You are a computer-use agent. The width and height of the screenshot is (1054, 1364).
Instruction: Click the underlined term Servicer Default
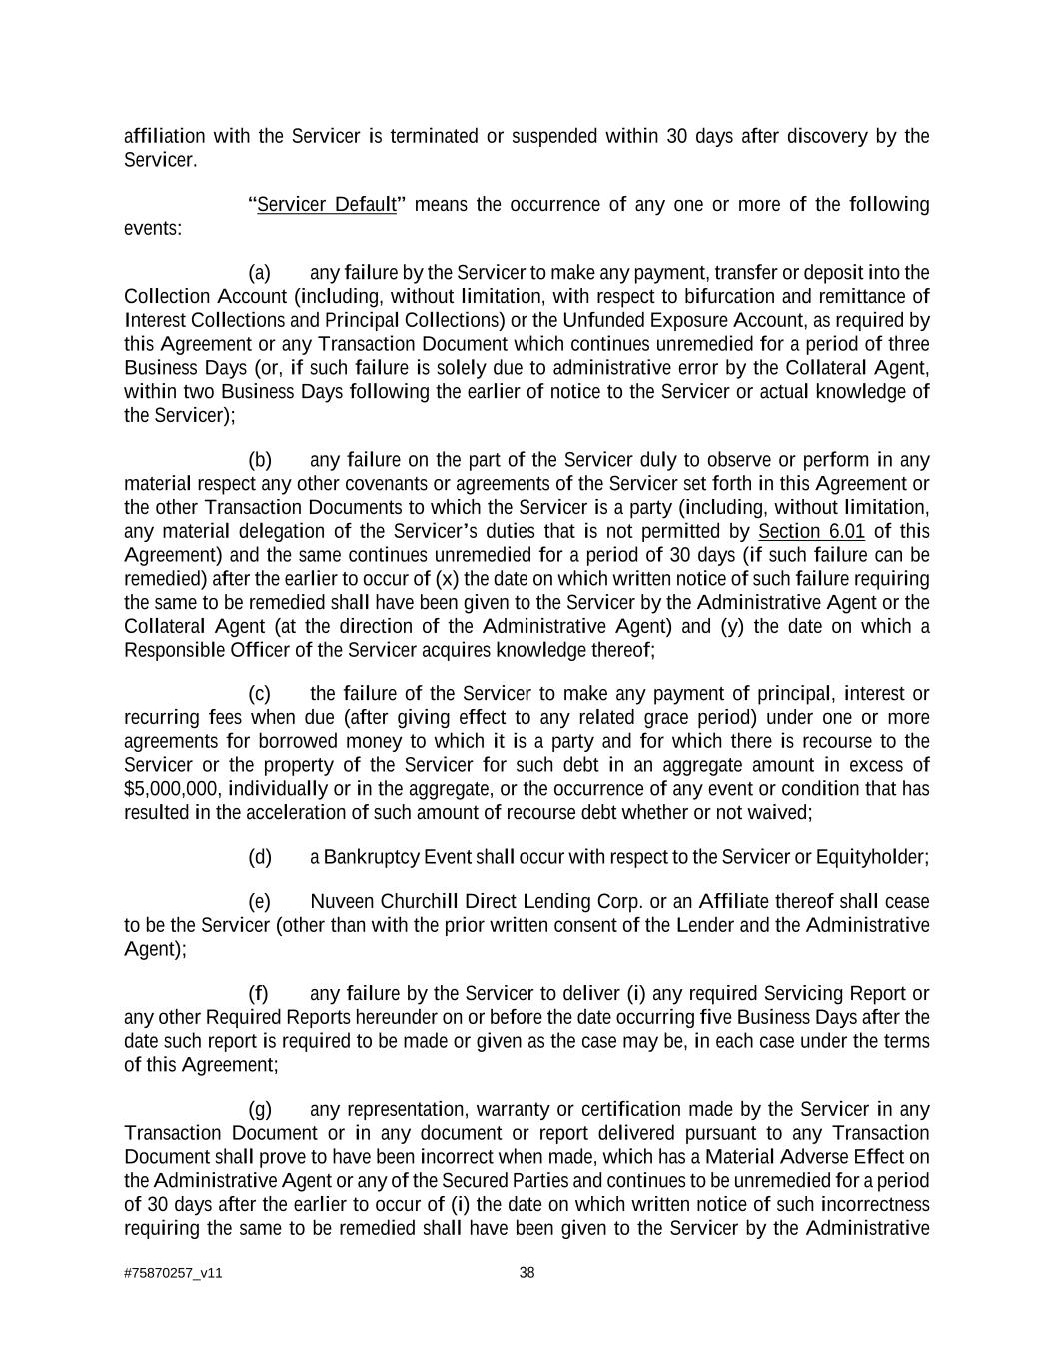pyautogui.click(x=327, y=205)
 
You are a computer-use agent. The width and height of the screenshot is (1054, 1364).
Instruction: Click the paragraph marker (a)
pyautogui.click(x=259, y=273)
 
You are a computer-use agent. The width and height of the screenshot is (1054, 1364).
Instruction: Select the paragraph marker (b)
pyautogui.click(x=260, y=460)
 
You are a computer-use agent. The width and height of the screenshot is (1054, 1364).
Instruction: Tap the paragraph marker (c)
pyautogui.click(x=259, y=694)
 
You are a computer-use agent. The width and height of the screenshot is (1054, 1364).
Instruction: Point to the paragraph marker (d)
pyautogui.click(x=260, y=857)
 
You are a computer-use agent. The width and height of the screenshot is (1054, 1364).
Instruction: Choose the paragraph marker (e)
pyautogui.click(x=260, y=902)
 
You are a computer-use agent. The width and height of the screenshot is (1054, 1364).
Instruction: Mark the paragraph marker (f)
pyautogui.click(x=258, y=994)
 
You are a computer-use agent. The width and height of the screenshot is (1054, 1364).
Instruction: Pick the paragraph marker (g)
pyautogui.click(x=260, y=1110)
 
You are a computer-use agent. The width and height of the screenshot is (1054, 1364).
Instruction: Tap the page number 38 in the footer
pyautogui.click(x=527, y=1273)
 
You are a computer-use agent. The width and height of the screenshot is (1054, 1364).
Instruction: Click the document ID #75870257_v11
pyautogui.click(x=173, y=1274)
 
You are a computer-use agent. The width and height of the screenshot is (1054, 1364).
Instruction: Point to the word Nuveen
pyautogui.click(x=342, y=902)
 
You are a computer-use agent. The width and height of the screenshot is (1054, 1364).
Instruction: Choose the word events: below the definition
pyautogui.click(x=153, y=229)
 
